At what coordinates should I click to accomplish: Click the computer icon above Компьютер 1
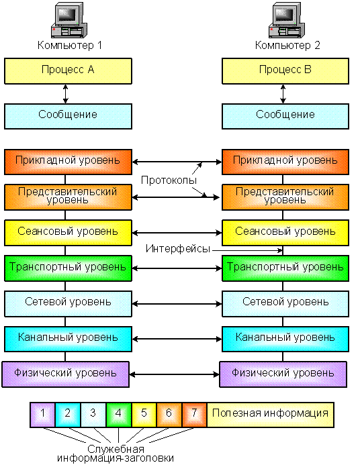[x=69, y=20]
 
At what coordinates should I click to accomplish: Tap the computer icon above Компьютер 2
[x=287, y=20]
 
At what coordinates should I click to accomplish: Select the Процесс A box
[x=68, y=71]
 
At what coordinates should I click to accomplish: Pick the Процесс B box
[x=285, y=71]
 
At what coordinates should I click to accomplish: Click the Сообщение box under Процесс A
[x=68, y=116]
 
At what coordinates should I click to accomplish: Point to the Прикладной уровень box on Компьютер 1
[x=68, y=162]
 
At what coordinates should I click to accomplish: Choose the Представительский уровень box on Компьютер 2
[x=285, y=197]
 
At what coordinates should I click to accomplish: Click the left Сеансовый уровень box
[x=68, y=233]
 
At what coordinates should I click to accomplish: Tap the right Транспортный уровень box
[x=285, y=268]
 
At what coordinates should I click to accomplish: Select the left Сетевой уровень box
[x=68, y=303]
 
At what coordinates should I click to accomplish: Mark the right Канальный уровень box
[x=285, y=339]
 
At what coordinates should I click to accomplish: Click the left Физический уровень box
[x=66, y=374]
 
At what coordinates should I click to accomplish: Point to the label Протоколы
[x=169, y=180]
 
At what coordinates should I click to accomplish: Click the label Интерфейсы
[x=178, y=249]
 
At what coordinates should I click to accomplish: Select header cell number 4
[x=118, y=415]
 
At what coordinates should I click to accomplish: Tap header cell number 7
[x=194, y=415]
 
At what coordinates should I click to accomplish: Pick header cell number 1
[x=42, y=415]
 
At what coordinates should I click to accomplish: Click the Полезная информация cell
[x=271, y=415]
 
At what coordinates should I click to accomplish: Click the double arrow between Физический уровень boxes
[x=175, y=374]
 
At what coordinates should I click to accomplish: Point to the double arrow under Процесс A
[x=65, y=94]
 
